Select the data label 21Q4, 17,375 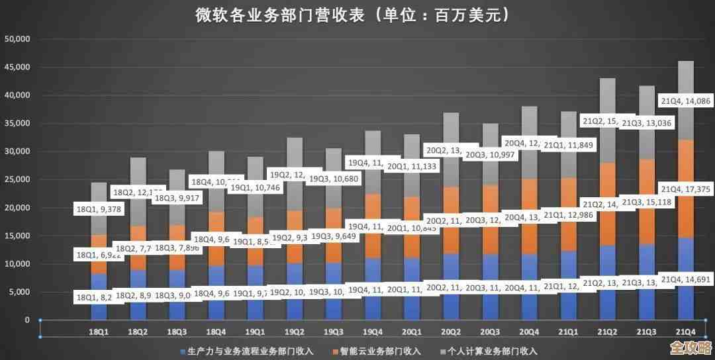click(x=685, y=189)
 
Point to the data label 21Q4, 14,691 click(x=685, y=279)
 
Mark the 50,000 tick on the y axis click(x=18, y=39)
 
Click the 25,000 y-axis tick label click(x=18, y=180)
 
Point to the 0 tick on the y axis click(x=27, y=320)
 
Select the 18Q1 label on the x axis click(x=99, y=331)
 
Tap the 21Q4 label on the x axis click(x=685, y=331)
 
